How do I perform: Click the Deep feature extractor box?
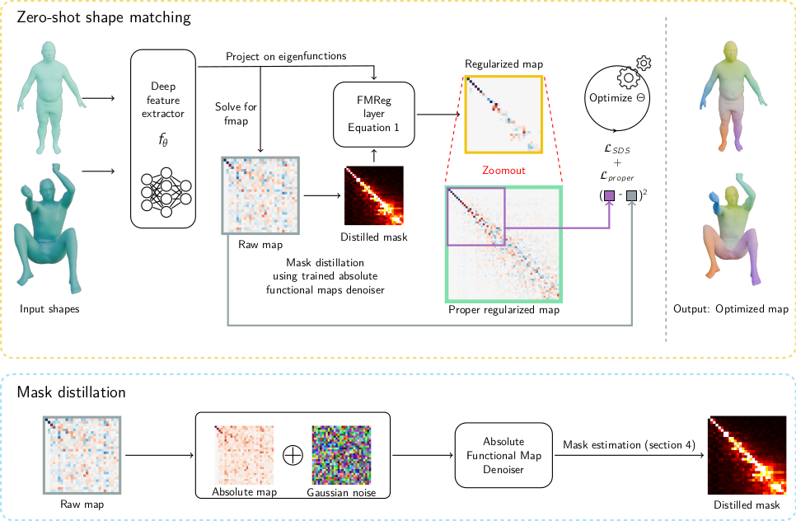pos(163,138)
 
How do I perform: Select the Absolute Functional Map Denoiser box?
pos(504,455)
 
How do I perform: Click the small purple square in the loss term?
pos(609,196)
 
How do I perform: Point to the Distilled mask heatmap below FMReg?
pos(374,196)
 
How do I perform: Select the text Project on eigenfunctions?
pos(286,56)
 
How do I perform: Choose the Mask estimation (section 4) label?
pos(630,445)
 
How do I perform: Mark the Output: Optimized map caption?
pos(731,309)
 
